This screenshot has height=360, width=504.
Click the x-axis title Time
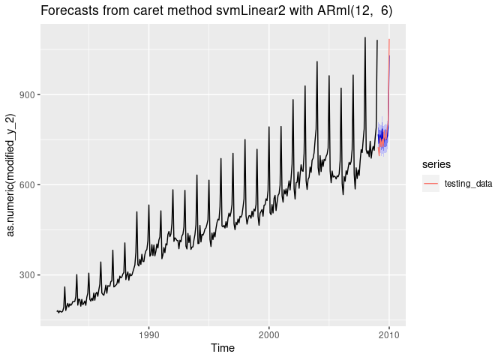click(x=222, y=348)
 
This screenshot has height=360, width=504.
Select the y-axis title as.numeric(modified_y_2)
click(x=10, y=173)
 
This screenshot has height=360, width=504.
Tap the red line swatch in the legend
click(x=430, y=184)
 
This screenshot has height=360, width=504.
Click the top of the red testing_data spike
click(x=389, y=40)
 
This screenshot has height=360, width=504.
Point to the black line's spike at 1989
click(x=136, y=212)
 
